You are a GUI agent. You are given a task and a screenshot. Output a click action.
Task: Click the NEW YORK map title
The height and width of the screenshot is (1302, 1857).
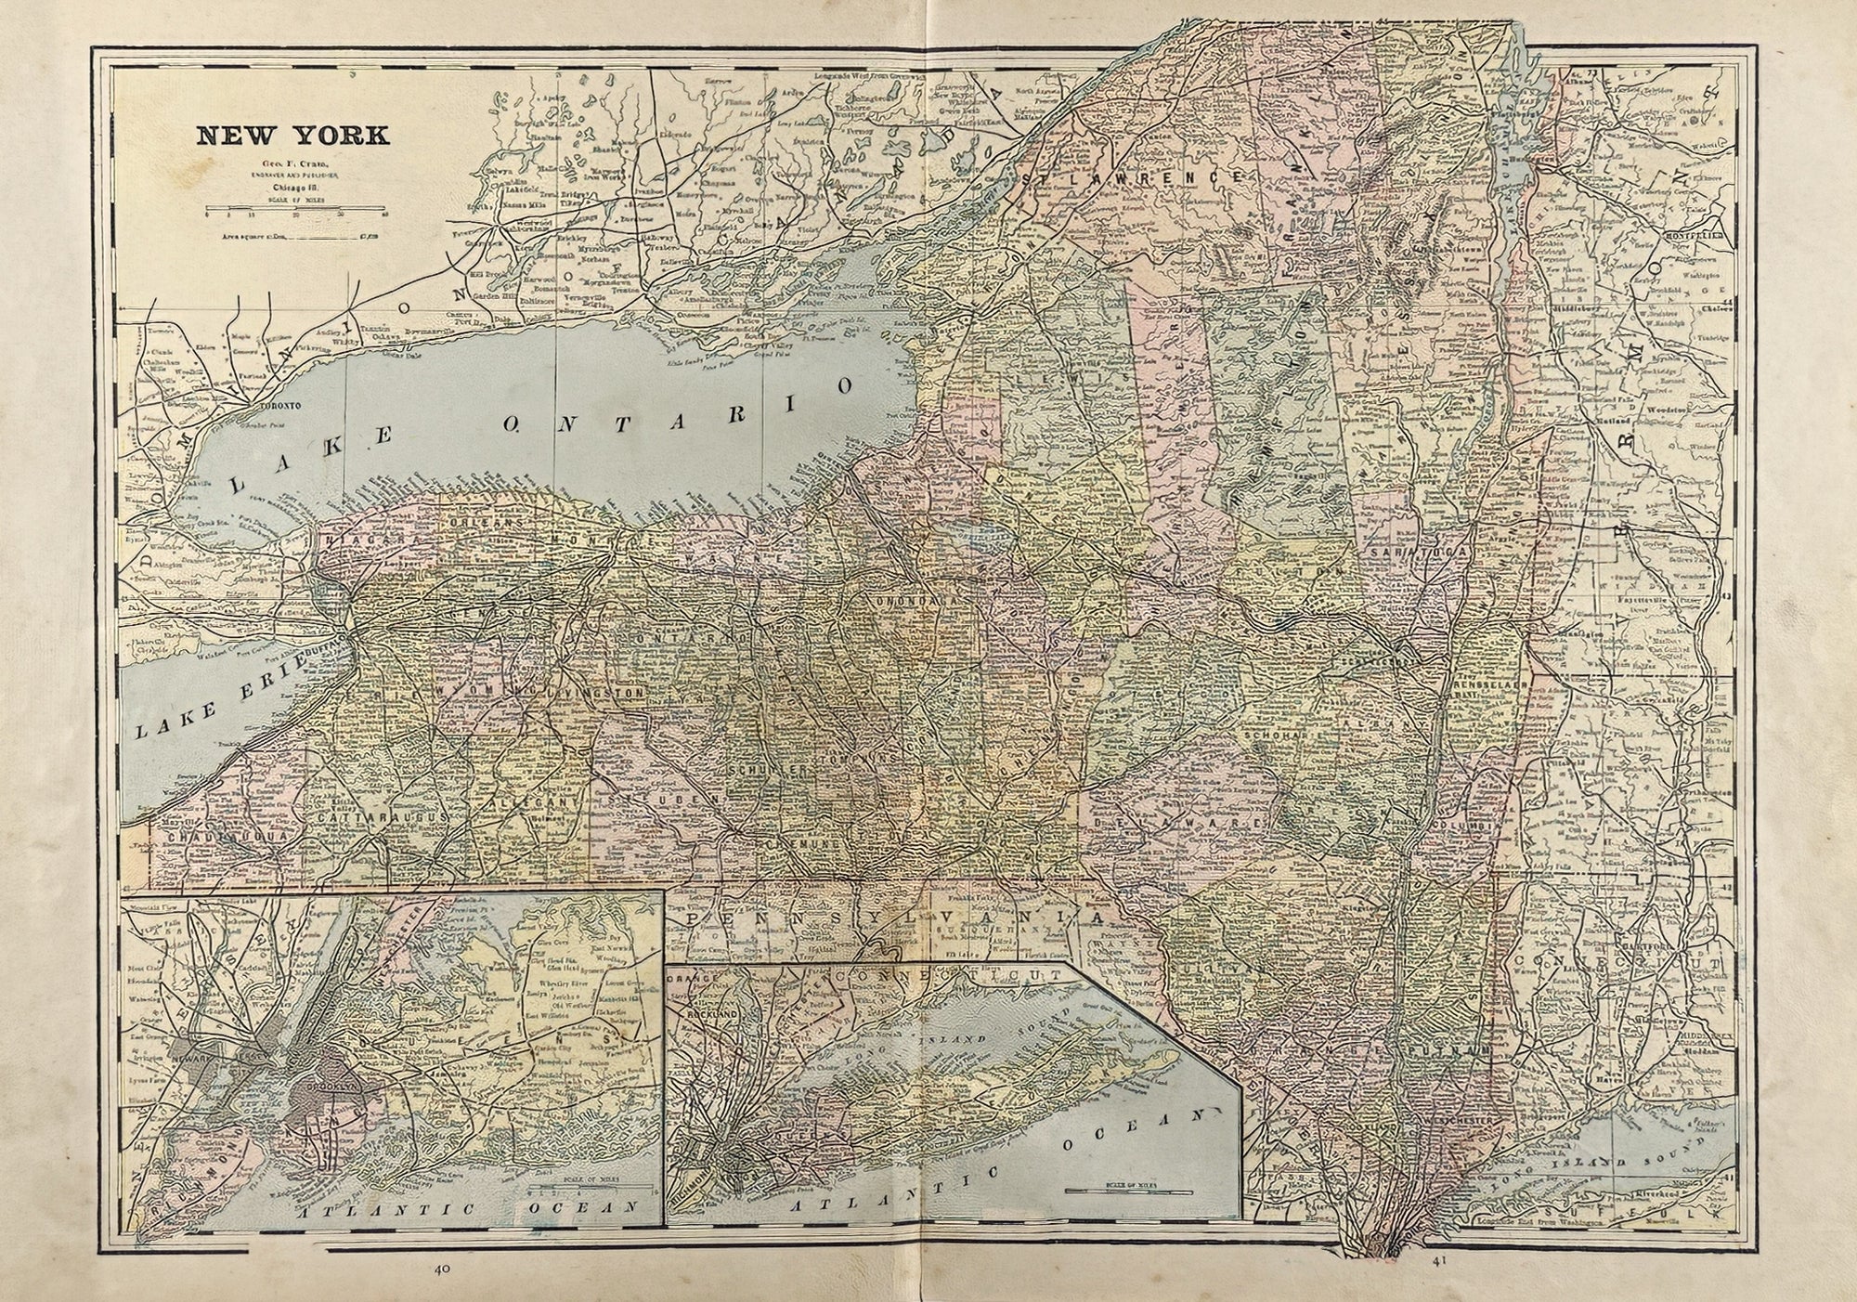[x=292, y=136]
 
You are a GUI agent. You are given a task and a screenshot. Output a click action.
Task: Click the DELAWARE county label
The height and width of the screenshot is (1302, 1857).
[x=1179, y=823]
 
